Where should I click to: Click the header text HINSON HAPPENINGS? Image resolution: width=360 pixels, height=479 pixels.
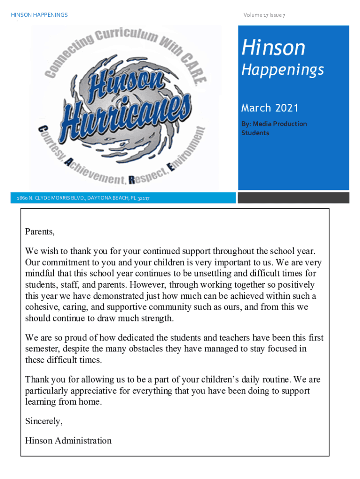coord(39,15)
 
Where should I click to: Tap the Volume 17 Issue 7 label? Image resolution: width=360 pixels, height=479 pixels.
coord(264,15)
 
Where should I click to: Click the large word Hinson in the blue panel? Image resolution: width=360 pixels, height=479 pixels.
coord(273,47)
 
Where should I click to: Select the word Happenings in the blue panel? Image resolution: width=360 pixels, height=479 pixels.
coord(282,70)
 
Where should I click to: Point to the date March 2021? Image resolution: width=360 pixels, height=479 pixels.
coord(269,108)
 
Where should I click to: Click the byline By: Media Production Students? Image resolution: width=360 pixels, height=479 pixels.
coord(274,128)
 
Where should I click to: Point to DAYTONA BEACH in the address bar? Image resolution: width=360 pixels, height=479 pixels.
coord(107,198)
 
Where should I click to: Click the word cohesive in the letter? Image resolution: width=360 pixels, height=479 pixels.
coord(41,307)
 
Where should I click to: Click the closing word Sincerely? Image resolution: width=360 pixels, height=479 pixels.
coord(43,421)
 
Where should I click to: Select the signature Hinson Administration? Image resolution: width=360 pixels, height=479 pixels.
coord(68,441)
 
